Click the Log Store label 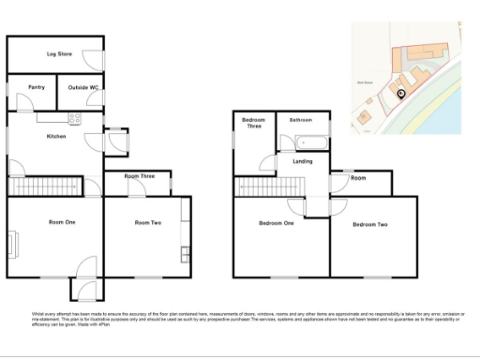[x=59, y=54]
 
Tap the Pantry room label [x=37, y=87]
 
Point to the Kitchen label [x=57, y=137]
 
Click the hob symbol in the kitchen [x=76, y=118]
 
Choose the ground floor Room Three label [x=139, y=176]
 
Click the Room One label [x=62, y=221]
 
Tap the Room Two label [x=148, y=222]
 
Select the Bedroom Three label [x=253, y=124]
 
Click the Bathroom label [x=300, y=120]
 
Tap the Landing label [x=303, y=161]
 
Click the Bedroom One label [x=276, y=223]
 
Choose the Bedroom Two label [x=369, y=225]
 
